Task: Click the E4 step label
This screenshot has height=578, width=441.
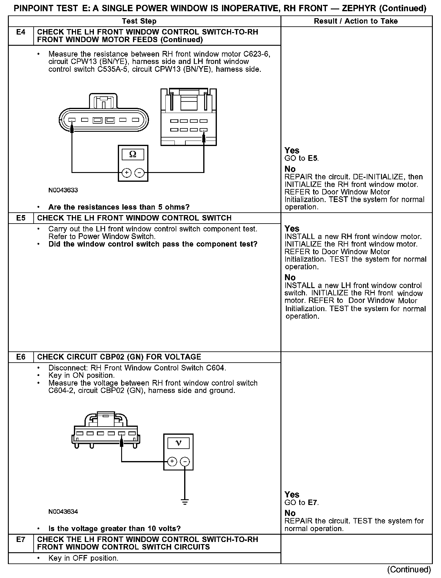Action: pyautogui.click(x=21, y=32)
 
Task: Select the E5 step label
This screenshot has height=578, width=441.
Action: pyautogui.click(x=21, y=218)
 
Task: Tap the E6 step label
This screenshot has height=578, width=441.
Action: pyautogui.click(x=21, y=357)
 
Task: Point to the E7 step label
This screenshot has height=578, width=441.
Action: pyautogui.click(x=21, y=540)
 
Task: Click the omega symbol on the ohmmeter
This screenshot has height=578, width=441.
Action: pyautogui.click(x=133, y=154)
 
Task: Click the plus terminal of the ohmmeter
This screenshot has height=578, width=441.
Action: pyautogui.click(x=126, y=173)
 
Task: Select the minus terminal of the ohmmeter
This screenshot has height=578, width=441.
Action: pyautogui.click(x=139, y=173)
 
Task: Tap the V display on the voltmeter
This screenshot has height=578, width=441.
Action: pyautogui.click(x=178, y=443)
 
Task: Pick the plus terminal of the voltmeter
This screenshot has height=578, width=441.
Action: pyautogui.click(x=172, y=462)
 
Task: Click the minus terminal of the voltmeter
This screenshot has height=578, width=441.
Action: pyautogui.click(x=185, y=462)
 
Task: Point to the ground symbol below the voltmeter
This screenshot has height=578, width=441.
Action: pyautogui.click(x=185, y=502)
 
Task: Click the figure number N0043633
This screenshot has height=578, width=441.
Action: pyautogui.click(x=63, y=190)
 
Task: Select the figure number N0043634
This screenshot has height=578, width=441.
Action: pyautogui.click(x=63, y=512)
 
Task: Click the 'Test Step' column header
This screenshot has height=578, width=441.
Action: pyautogui.click(x=139, y=21)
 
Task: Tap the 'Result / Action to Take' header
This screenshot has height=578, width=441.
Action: pyautogui.click(x=356, y=21)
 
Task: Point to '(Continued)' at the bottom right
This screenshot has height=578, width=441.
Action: pyautogui.click(x=409, y=570)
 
